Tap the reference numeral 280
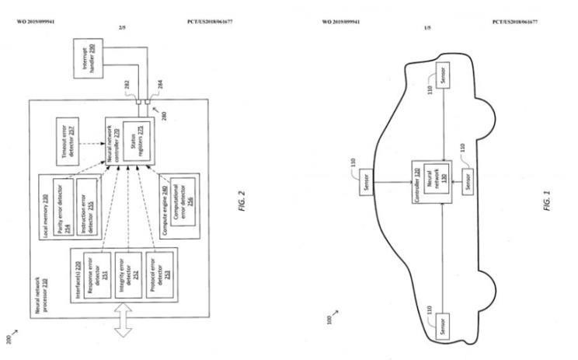163,116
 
